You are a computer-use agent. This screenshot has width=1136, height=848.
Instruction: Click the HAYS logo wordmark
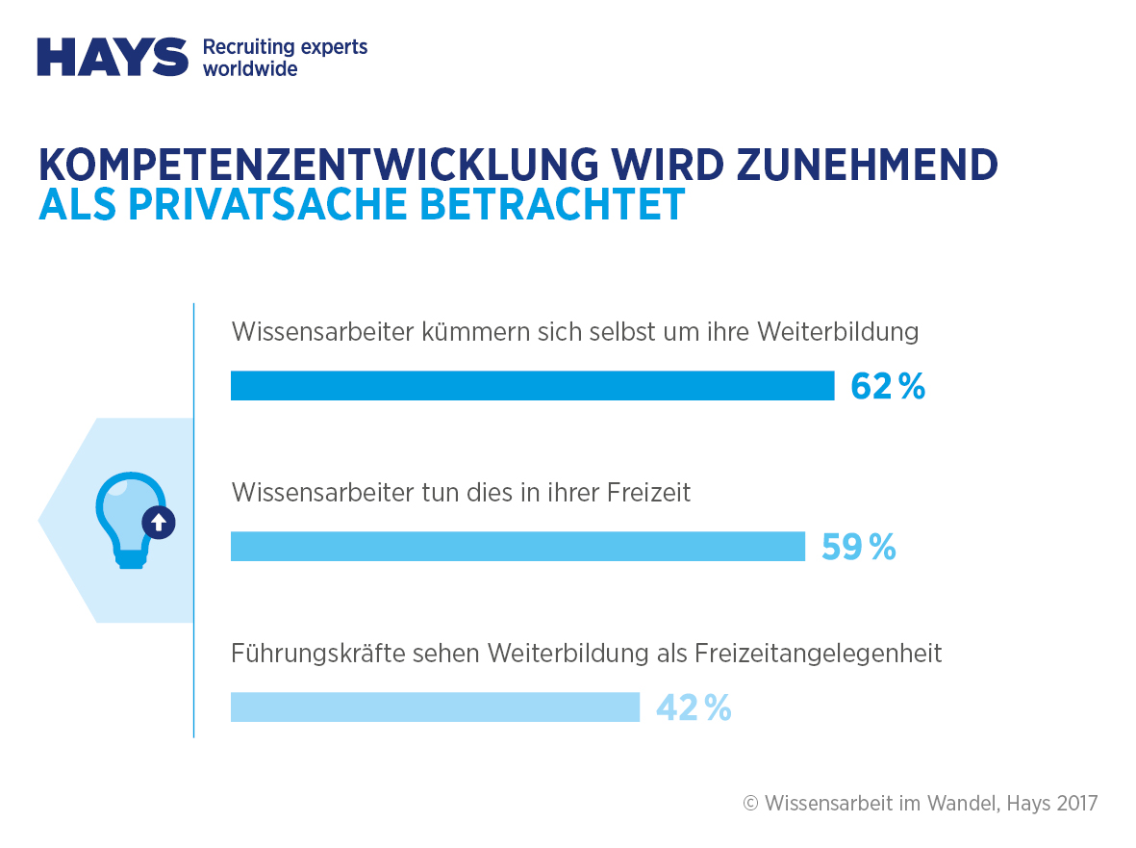tap(112, 57)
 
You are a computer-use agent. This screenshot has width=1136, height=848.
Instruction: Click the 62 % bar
tap(532, 385)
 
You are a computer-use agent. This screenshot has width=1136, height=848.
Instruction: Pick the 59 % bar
tap(518, 547)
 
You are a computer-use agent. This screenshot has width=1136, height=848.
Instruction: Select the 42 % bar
tap(435, 707)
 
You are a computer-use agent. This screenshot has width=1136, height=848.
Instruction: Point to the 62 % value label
tap(887, 386)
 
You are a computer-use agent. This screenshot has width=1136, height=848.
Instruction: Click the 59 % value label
tap(858, 548)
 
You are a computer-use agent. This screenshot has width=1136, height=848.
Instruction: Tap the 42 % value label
tap(694, 708)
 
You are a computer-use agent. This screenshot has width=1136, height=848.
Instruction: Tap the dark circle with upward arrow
tap(159, 523)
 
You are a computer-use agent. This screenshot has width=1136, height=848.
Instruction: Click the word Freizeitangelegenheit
tap(818, 654)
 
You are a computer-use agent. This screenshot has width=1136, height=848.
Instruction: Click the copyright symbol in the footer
tap(751, 804)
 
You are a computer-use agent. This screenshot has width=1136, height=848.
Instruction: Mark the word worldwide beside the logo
tap(250, 69)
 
